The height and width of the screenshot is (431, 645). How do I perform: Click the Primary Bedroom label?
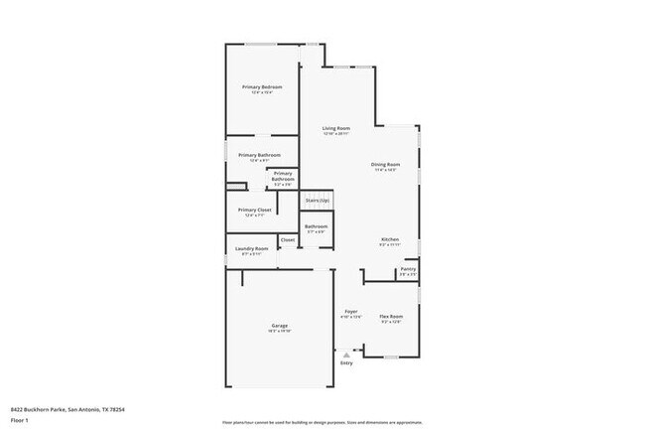click(x=263, y=87)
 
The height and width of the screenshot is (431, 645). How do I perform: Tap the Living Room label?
click(x=335, y=128)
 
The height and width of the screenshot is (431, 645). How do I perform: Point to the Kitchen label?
click(x=390, y=239)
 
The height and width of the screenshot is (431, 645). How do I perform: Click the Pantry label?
click(x=408, y=269)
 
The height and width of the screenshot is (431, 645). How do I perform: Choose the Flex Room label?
click(x=391, y=316)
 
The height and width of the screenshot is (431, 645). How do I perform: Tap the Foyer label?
click(x=351, y=311)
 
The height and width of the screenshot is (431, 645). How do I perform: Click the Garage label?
click(x=280, y=326)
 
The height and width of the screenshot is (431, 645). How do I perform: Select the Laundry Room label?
click(x=251, y=248)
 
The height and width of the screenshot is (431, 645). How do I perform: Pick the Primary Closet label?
click(x=255, y=210)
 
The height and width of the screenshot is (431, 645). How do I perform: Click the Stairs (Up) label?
click(x=317, y=200)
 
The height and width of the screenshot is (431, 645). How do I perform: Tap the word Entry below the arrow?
click(x=346, y=363)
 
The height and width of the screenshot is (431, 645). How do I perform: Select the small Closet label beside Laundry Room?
click(x=288, y=240)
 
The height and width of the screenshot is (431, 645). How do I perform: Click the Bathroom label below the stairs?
click(x=317, y=226)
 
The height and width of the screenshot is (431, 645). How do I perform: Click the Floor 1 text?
click(x=20, y=420)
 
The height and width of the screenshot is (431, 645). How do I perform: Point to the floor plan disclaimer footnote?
click(x=321, y=421)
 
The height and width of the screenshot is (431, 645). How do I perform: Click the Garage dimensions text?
click(x=280, y=332)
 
